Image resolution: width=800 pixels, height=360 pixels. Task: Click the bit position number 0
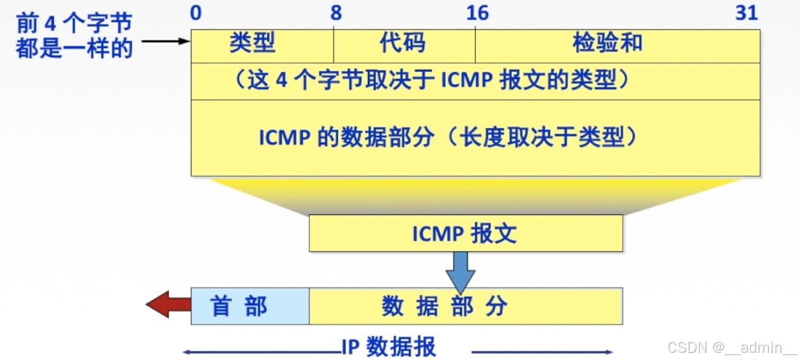pyautogui.click(x=196, y=12)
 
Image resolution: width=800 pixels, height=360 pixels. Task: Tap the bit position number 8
pyautogui.click(x=335, y=12)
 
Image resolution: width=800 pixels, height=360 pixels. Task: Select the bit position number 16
pyautogui.click(x=477, y=12)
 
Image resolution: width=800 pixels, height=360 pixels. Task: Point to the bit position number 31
pyautogui.click(x=747, y=12)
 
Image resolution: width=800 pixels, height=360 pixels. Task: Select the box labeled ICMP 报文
pyautogui.click(x=465, y=233)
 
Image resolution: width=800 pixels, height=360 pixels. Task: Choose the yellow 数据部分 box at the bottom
pyautogui.click(x=465, y=306)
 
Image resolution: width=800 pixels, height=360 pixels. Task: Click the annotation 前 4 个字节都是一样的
pyautogui.click(x=74, y=36)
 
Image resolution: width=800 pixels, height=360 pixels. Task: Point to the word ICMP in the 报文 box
pyautogui.click(x=435, y=233)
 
